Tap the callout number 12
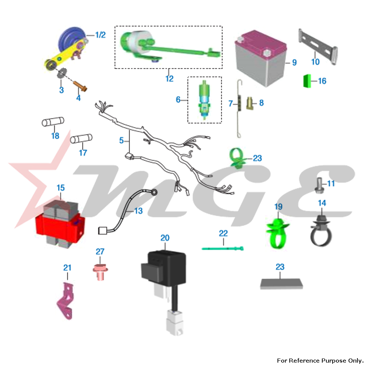pos(169,78)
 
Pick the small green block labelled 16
pos(307,81)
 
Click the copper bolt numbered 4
pos(80,86)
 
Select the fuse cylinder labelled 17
pos(81,138)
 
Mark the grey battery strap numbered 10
pos(317,47)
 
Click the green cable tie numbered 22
pos(222,249)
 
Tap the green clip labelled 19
pos(278,233)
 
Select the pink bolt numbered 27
pos(100,272)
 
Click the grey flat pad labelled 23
pos(281,284)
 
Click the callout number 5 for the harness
pos(121,140)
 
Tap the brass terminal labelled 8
pos(250,103)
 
